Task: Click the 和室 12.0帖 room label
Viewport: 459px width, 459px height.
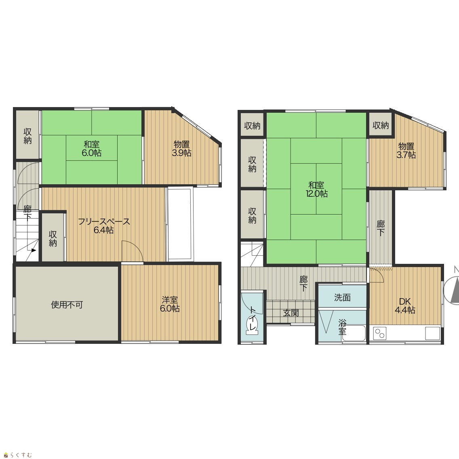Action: (316, 189)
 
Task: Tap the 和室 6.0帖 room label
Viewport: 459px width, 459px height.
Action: (92, 148)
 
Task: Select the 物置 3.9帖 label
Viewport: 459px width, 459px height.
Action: (181, 148)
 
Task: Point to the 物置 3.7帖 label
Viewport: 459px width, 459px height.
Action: (406, 150)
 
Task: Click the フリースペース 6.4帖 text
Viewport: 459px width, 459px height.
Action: (104, 226)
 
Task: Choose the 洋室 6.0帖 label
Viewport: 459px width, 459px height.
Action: (170, 304)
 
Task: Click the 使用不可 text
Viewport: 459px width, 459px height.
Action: (67, 305)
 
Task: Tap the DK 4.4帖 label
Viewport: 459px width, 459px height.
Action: (405, 305)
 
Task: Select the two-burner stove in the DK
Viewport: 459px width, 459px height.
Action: (380, 333)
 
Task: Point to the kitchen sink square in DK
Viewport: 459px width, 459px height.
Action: (432, 333)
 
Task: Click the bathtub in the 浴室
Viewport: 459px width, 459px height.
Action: (354, 333)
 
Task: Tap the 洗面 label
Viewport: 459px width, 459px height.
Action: (342, 297)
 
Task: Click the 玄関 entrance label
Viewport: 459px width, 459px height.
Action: (291, 313)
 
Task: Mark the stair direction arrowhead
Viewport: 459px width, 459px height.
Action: (34, 250)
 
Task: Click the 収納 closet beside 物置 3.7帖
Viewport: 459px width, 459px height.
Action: (381, 126)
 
